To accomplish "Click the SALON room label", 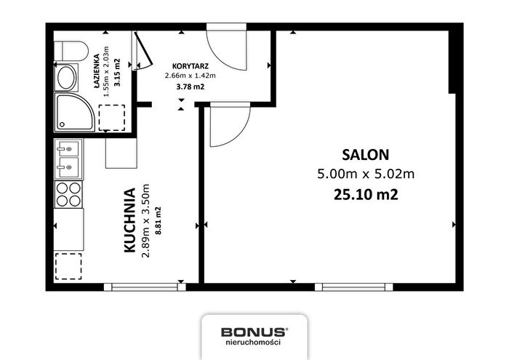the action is tap(366, 155).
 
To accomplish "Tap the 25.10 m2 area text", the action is tap(366, 195).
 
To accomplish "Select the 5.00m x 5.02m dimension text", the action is tap(366, 175).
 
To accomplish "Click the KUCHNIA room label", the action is tap(130, 220).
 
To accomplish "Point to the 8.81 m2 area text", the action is tap(159, 221).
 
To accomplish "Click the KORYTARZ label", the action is tap(191, 66).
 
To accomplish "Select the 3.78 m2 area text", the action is tap(191, 87).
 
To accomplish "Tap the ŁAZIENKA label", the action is tap(97, 71).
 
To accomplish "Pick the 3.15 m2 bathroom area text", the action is tap(117, 72).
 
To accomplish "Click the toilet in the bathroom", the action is tap(71, 51).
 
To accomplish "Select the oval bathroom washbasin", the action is tap(66, 78).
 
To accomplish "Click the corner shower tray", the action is tap(74, 112).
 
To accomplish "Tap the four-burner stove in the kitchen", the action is tap(68, 194).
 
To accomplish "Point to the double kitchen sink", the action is tap(68, 159).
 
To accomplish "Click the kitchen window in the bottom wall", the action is tap(145, 287).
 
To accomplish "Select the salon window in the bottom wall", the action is tap(354, 287).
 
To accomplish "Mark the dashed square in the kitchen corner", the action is tap(68, 266).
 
